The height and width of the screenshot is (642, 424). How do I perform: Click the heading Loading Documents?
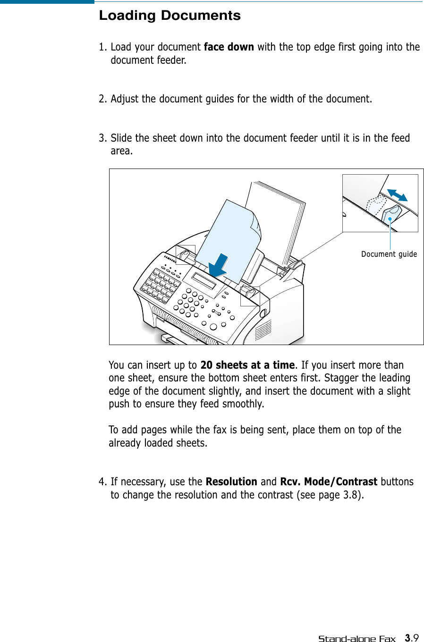click(170, 16)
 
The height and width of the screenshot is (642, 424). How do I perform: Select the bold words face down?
click(229, 47)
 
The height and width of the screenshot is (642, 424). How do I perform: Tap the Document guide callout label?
click(389, 254)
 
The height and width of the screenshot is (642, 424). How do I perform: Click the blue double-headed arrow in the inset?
click(397, 195)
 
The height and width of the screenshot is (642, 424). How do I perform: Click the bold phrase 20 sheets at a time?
click(247, 365)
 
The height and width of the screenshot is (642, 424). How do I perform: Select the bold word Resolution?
click(231, 482)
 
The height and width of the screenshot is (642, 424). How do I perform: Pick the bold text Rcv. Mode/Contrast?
click(328, 482)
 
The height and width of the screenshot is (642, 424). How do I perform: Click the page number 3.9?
click(412, 638)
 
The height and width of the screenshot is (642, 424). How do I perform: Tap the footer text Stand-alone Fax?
click(356, 639)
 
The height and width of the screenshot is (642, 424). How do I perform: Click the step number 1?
click(102, 47)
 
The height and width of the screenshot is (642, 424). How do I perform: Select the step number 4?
click(102, 482)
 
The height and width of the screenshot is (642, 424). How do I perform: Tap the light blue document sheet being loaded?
click(227, 231)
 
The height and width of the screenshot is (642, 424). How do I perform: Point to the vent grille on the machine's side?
click(263, 330)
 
